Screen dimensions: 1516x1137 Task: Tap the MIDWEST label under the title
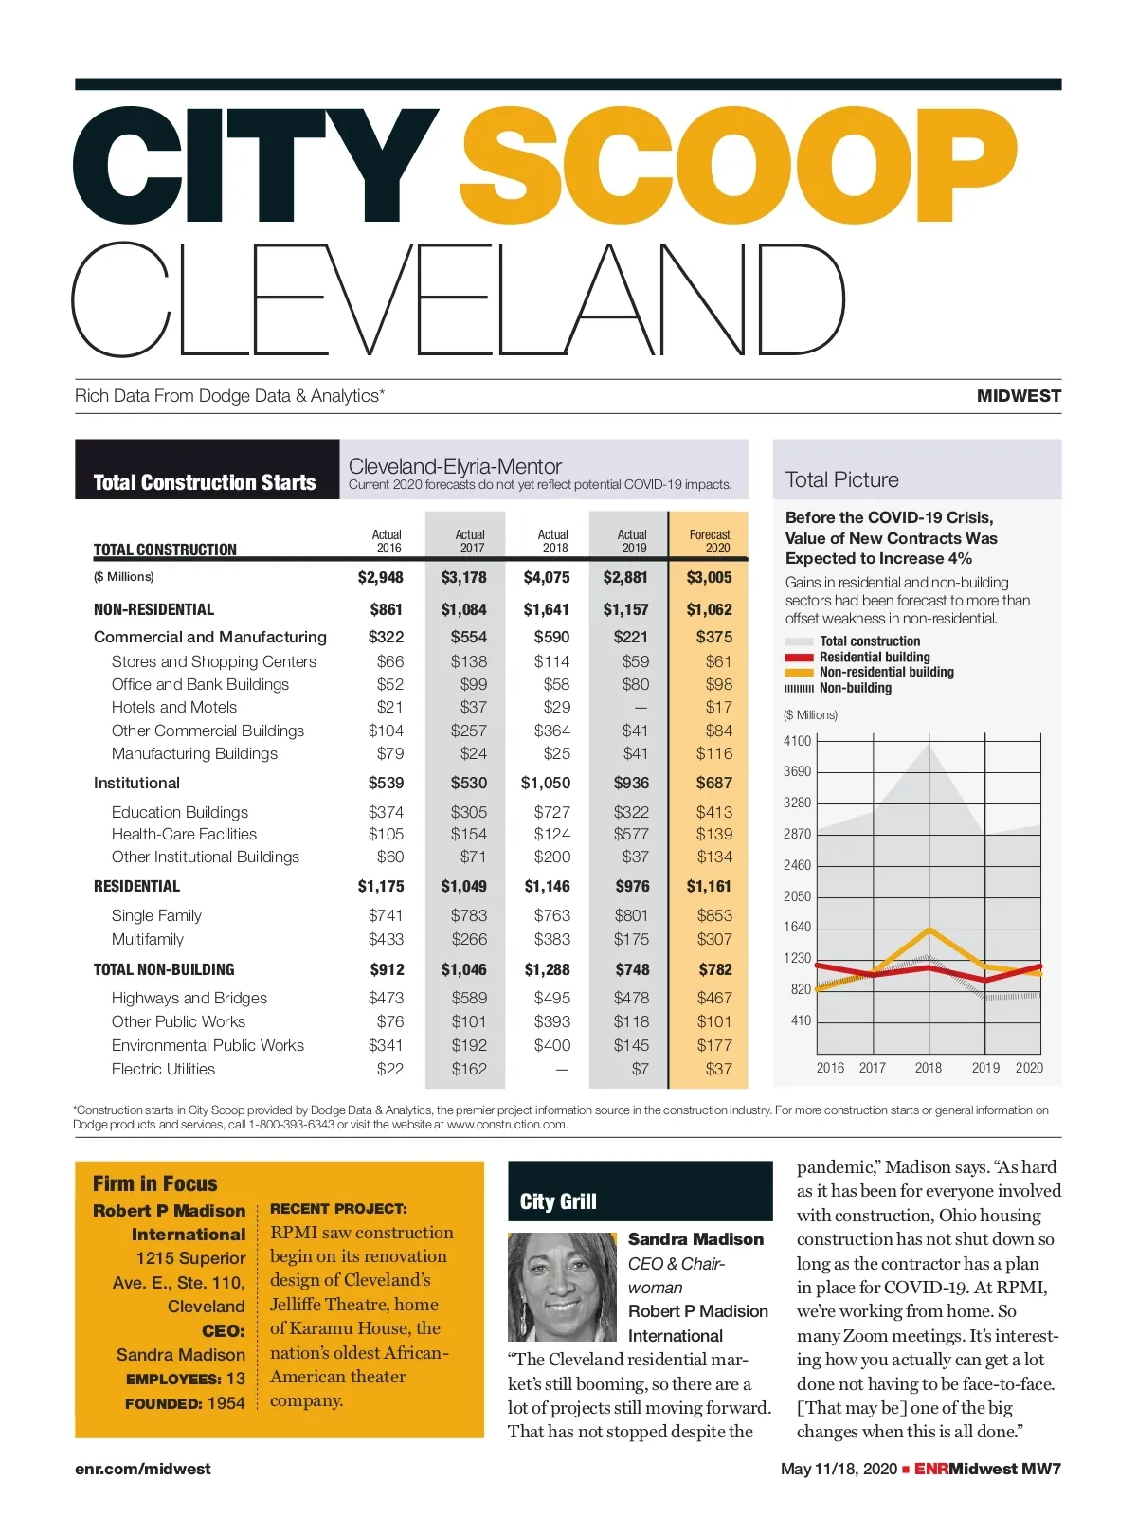[1019, 396]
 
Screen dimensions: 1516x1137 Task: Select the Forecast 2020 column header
[710, 541]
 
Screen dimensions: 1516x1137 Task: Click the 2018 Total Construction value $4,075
[547, 577]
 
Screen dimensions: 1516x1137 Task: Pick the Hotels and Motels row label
[174, 707]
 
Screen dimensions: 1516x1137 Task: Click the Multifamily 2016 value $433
[386, 939]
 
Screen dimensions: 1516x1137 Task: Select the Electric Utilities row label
[163, 1069]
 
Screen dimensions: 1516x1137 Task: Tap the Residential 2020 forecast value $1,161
[709, 886]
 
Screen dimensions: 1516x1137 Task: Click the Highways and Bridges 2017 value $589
[469, 998]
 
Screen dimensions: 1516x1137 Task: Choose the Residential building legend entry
[874, 657]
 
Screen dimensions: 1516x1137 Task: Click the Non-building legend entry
[855, 688]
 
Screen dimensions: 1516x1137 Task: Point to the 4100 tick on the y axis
[797, 741]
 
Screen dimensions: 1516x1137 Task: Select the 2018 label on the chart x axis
[929, 1068]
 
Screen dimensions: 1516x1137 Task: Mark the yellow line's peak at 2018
[929, 929]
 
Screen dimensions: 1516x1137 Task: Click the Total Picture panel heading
[842, 479]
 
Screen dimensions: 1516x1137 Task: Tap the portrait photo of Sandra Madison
[562, 1286]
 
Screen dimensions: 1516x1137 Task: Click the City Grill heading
[558, 1201]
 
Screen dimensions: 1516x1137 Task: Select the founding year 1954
[226, 1403]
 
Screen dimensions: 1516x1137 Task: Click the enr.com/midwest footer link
[143, 1469]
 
